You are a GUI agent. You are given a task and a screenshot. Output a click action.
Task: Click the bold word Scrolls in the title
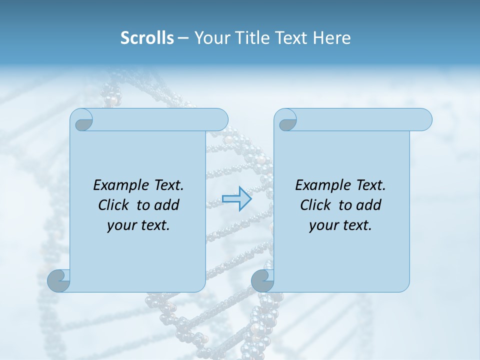(x=147, y=38)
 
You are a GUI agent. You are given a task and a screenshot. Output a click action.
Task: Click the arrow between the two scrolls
(x=236, y=198)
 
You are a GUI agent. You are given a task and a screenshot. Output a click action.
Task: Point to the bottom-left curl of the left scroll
(x=58, y=280)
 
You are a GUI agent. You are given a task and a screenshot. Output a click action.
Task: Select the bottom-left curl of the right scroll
(x=262, y=280)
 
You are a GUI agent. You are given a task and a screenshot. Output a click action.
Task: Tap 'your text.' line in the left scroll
(x=138, y=225)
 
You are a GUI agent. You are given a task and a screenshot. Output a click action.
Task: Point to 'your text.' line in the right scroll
(x=340, y=225)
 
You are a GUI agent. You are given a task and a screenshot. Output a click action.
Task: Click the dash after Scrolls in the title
(x=183, y=38)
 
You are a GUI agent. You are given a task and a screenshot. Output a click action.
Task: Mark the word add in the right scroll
(x=369, y=205)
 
